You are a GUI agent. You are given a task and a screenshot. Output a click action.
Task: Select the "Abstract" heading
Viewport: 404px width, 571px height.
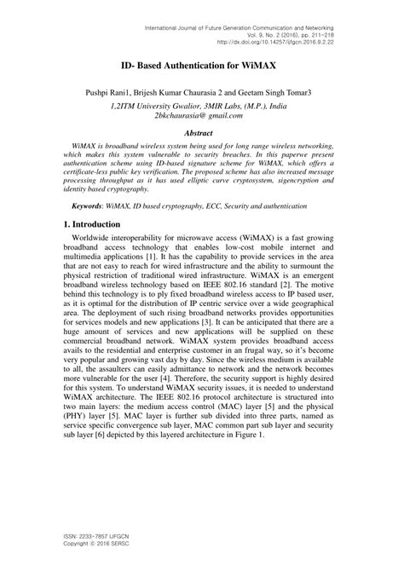pos(202,134)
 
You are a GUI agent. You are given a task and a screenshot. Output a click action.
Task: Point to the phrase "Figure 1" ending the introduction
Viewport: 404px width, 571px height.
pos(248,434)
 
